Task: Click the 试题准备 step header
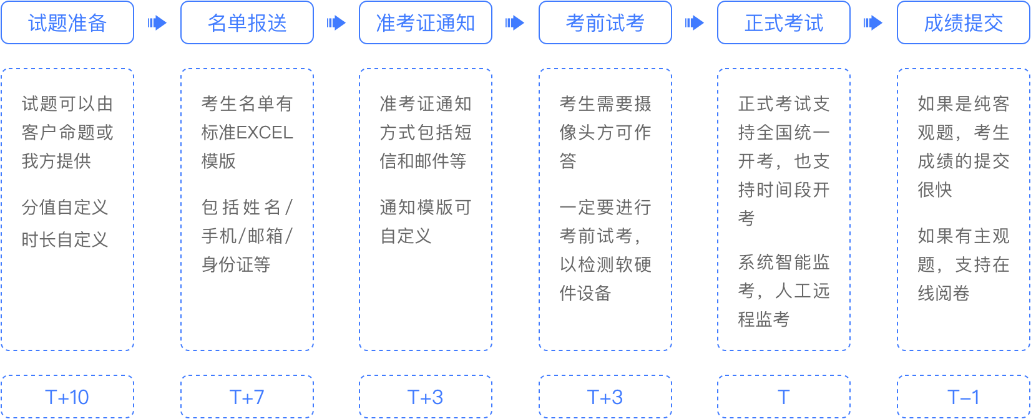(x=67, y=23)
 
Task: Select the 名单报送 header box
(x=247, y=23)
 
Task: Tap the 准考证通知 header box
(x=426, y=23)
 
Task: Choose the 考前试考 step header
(x=605, y=23)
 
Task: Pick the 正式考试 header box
(x=784, y=23)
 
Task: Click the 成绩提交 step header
(x=964, y=23)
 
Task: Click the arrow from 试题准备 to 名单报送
(x=157, y=23)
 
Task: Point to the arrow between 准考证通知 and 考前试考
(x=515, y=23)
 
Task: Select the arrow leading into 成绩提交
(x=874, y=23)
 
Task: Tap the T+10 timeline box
(x=67, y=397)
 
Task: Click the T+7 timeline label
(x=247, y=397)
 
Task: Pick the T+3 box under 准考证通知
(x=426, y=397)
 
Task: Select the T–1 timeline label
(x=964, y=397)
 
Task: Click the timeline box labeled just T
(x=784, y=397)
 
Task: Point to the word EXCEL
(x=265, y=133)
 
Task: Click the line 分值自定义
(x=65, y=207)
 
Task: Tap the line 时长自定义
(x=65, y=239)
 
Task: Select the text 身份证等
(x=236, y=264)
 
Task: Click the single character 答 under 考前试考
(x=568, y=161)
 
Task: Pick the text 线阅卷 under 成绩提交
(x=944, y=293)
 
